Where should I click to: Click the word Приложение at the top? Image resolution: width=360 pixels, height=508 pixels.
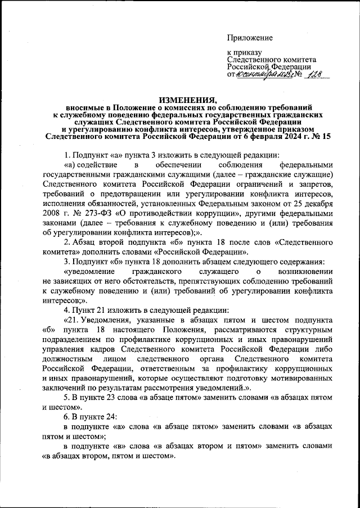click(250, 38)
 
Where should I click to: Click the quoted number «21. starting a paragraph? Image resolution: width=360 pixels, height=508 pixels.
click(73, 321)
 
